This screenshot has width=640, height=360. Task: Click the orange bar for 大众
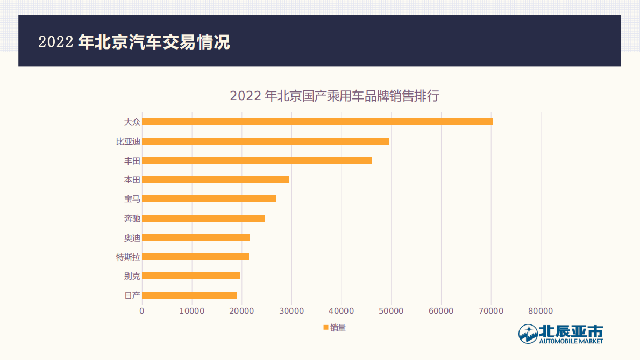[317, 122]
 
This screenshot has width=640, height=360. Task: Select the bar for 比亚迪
[265, 141]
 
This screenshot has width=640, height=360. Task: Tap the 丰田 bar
[257, 160]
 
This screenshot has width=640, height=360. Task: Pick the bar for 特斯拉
[195, 257]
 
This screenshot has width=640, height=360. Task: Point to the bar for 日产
[189, 295]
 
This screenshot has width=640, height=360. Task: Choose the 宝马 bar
[209, 199]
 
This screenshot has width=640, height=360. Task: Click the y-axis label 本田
[132, 180]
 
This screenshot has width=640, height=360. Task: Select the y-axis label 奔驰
[132, 218]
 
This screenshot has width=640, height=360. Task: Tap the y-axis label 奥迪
[132, 237]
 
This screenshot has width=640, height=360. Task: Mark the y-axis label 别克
[132, 276]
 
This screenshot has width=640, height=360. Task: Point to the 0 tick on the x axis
[142, 311]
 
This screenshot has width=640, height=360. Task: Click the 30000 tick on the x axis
[291, 311]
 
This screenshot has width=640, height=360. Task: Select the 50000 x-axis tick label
[391, 311]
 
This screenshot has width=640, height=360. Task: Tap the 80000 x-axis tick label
[541, 311]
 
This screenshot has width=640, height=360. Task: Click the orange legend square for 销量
[325, 327]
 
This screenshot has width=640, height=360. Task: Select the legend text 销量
[338, 327]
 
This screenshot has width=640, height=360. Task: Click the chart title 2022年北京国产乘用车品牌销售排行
[335, 96]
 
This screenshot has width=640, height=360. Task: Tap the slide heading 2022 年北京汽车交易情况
[134, 42]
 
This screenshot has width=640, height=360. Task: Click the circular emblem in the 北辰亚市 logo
[528, 334]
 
